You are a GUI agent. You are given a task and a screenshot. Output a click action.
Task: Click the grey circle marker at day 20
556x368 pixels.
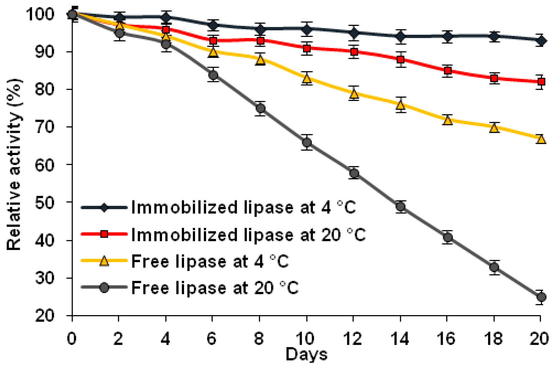click(x=541, y=297)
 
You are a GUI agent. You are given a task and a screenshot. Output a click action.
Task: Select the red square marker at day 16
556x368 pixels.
click(x=448, y=71)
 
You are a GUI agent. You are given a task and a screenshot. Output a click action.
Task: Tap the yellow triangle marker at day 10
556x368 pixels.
click(x=307, y=79)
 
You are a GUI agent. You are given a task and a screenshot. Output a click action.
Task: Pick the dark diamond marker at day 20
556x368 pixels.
click(x=541, y=41)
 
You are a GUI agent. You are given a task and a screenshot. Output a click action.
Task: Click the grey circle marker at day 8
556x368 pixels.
click(x=260, y=109)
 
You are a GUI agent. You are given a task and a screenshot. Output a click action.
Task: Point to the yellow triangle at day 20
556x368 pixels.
click(x=541, y=139)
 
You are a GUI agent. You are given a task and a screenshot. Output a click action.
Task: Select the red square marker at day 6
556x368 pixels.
click(x=213, y=41)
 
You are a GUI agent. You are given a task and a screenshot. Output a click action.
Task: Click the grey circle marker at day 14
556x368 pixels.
click(x=401, y=206)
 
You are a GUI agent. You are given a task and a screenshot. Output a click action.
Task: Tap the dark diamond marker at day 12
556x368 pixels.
click(x=354, y=33)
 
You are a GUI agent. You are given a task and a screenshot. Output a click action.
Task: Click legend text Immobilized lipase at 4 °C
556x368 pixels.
click(x=243, y=207)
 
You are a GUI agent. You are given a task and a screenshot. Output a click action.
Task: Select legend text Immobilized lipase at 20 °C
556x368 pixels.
click(x=248, y=235)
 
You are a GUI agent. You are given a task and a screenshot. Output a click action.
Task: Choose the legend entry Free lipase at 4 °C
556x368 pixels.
click(x=210, y=261)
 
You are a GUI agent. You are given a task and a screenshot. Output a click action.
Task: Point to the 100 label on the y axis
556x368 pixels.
click(x=40, y=14)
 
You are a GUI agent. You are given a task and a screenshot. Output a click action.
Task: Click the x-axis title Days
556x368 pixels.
click(x=306, y=355)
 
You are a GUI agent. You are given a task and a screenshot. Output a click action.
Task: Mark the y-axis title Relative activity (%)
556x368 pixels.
click(x=14, y=164)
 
